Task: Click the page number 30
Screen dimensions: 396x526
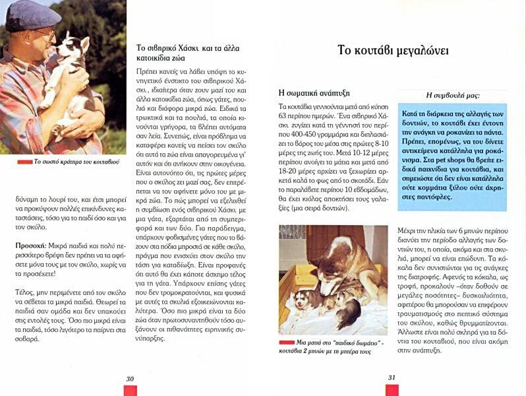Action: [x=130, y=378]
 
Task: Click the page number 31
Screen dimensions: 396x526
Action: [x=392, y=378]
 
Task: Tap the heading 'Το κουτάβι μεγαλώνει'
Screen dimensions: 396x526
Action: [x=393, y=50]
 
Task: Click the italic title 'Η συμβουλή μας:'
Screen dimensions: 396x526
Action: [x=452, y=94]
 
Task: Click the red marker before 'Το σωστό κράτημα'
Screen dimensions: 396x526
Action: [x=24, y=162]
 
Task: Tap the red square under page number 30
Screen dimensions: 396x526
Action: [x=130, y=390]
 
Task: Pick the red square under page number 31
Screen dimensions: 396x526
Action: [x=392, y=390]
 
